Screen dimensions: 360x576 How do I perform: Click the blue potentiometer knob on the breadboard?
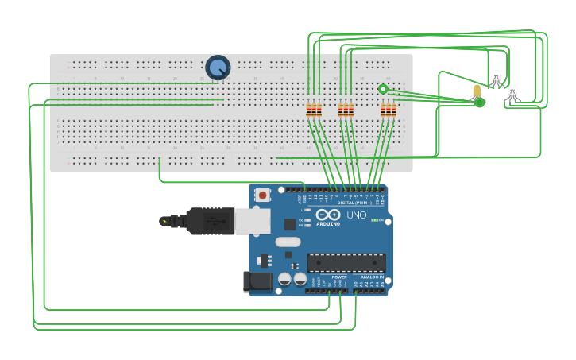[x=218, y=68]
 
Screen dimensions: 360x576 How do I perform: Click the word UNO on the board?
[x=357, y=215]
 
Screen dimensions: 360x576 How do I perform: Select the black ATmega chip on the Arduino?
[x=346, y=262]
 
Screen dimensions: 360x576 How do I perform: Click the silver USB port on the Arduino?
[x=253, y=221]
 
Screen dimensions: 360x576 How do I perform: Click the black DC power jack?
[x=257, y=281]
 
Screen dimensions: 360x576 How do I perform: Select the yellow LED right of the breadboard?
[x=477, y=91]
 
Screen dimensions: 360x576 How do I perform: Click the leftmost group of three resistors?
[x=314, y=110]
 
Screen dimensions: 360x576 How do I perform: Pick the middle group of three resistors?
[x=346, y=110]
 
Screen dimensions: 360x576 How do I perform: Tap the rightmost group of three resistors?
[x=388, y=110]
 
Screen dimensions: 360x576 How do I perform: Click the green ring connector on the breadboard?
[x=383, y=89]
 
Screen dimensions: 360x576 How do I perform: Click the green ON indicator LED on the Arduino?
[x=376, y=220]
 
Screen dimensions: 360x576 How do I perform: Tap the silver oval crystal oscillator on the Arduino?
[x=288, y=242]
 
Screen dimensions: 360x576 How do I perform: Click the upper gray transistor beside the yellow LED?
[x=497, y=78]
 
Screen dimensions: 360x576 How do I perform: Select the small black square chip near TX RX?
[x=290, y=225]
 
